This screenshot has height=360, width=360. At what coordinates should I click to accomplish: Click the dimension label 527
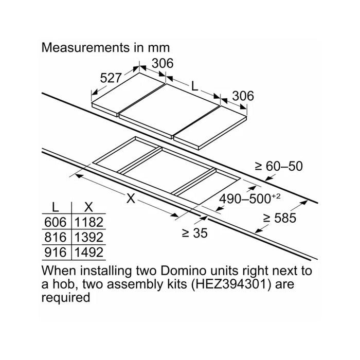click(111, 78)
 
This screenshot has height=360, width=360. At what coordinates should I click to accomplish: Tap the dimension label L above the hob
click(194, 86)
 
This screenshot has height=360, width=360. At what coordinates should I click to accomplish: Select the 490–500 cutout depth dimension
click(250, 199)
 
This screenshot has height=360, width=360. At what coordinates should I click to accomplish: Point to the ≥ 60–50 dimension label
click(279, 166)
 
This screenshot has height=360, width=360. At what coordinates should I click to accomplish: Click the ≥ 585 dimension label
click(280, 218)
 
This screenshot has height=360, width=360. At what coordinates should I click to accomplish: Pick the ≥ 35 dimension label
click(195, 233)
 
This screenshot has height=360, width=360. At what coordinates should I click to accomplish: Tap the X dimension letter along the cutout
click(131, 199)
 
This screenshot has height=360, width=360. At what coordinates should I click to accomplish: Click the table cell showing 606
click(56, 222)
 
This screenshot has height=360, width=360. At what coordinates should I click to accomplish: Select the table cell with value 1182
click(89, 222)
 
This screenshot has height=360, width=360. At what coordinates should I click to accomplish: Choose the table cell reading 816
click(56, 237)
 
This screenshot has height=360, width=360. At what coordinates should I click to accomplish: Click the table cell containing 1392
click(89, 237)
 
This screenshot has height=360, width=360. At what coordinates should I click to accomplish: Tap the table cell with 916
click(56, 253)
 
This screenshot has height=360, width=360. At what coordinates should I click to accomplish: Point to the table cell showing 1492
click(89, 253)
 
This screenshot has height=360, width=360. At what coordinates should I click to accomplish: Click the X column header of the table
click(88, 207)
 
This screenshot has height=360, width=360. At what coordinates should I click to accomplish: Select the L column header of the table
click(56, 207)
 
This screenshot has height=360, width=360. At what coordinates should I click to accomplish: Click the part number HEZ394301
click(231, 284)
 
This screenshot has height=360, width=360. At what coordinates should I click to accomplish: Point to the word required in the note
click(66, 298)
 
